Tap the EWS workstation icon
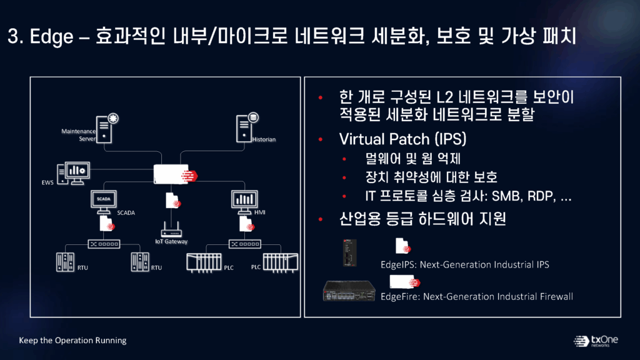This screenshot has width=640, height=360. point(74,174)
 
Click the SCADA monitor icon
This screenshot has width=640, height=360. point(104,202)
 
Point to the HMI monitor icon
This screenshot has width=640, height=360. point(244,202)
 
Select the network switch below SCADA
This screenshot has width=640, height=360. point(104,244)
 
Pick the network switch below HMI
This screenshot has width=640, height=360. point(245,244)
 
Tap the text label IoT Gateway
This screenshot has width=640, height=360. point(171,242)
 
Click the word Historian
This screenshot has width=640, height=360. point(264,139)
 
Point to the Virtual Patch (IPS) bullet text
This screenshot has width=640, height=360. point(403,139)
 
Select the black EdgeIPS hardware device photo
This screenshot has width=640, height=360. point(350,253)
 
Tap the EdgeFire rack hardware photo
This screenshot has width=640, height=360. point(349,291)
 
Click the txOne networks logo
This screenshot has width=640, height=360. point(596,341)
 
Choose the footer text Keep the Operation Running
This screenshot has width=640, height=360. point(72,341)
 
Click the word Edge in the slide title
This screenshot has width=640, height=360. point(52,37)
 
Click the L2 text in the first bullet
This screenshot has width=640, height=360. point(445,97)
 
